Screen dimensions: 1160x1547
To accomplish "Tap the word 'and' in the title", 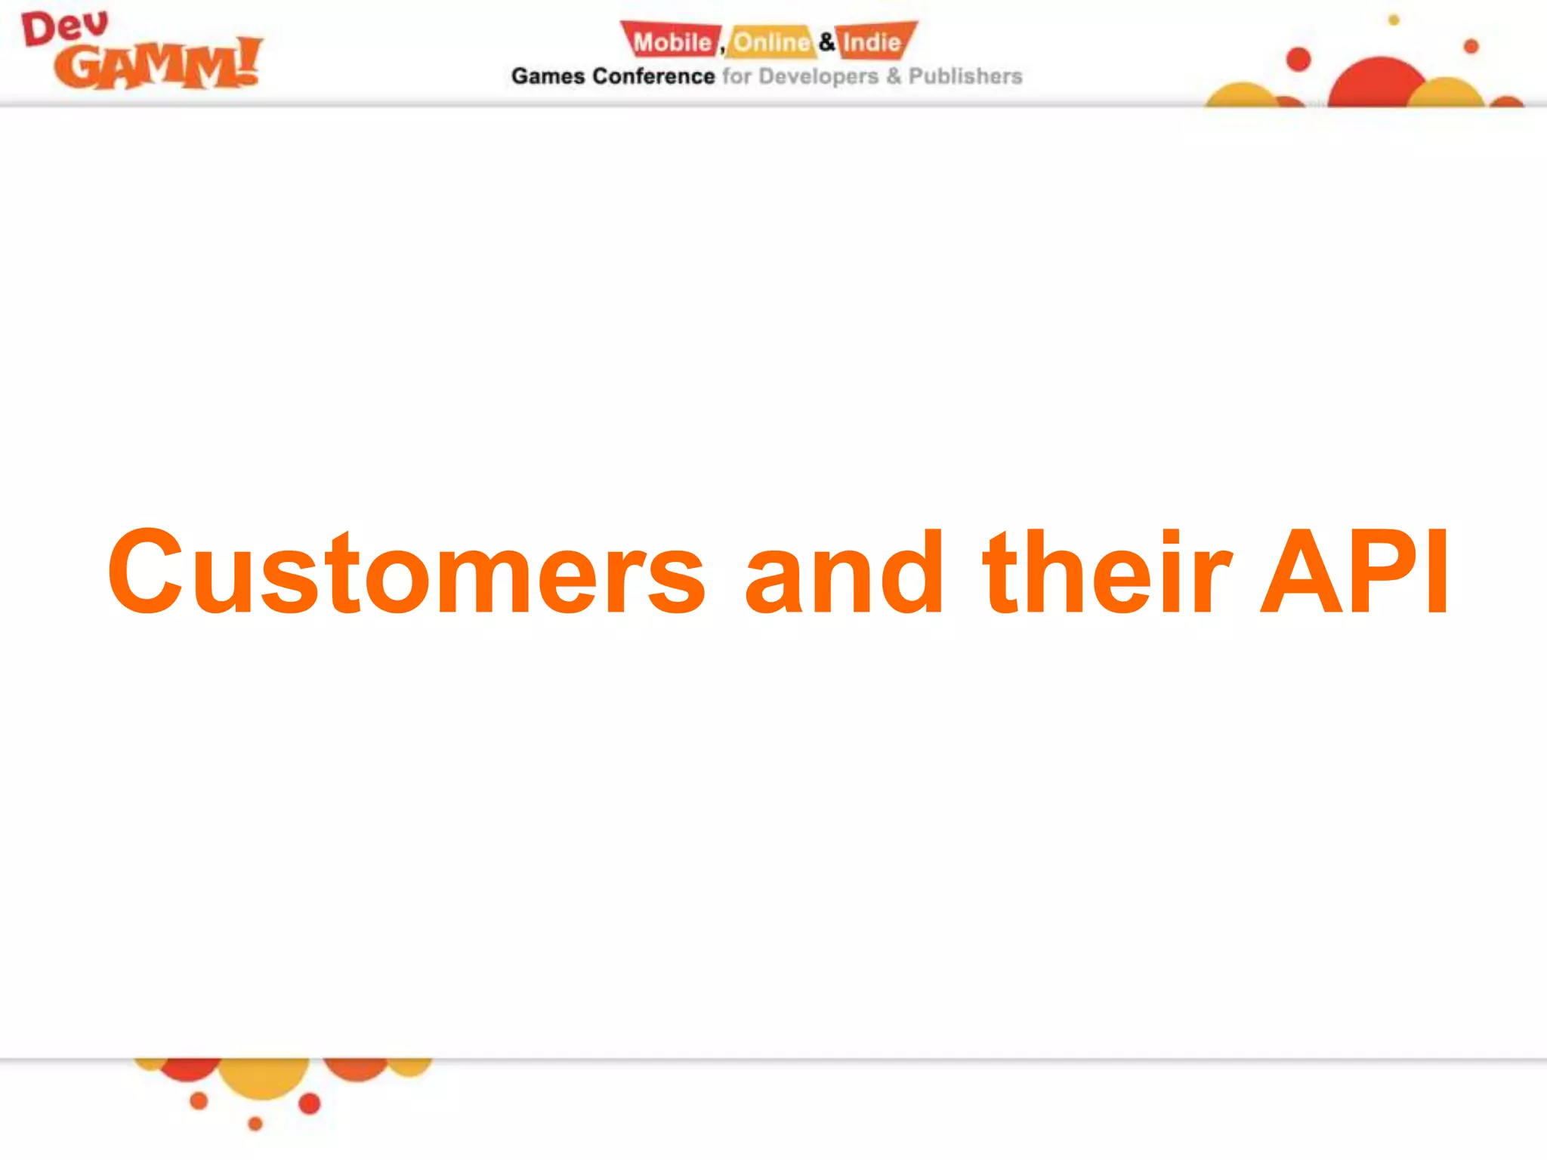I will click(844, 572).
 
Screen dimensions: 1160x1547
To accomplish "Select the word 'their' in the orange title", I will click(1107, 572).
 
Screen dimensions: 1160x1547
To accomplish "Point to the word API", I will click(1355, 572).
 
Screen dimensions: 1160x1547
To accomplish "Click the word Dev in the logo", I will click(64, 29).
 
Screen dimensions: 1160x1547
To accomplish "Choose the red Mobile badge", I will click(671, 42).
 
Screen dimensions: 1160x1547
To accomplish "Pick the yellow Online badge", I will click(770, 42).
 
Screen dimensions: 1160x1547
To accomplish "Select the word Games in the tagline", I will click(548, 76).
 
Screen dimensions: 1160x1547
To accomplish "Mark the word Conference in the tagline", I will click(653, 76).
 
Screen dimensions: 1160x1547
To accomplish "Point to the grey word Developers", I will click(818, 76).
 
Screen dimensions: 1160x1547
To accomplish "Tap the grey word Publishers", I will click(965, 76).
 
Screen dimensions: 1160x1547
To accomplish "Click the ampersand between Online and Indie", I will click(827, 42).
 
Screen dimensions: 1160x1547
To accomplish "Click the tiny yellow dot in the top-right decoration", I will click(1394, 20).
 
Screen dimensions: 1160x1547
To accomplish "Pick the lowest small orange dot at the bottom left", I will click(255, 1124).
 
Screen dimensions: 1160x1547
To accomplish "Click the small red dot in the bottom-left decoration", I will click(310, 1104).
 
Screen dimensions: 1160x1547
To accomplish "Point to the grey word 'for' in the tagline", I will click(736, 76).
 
